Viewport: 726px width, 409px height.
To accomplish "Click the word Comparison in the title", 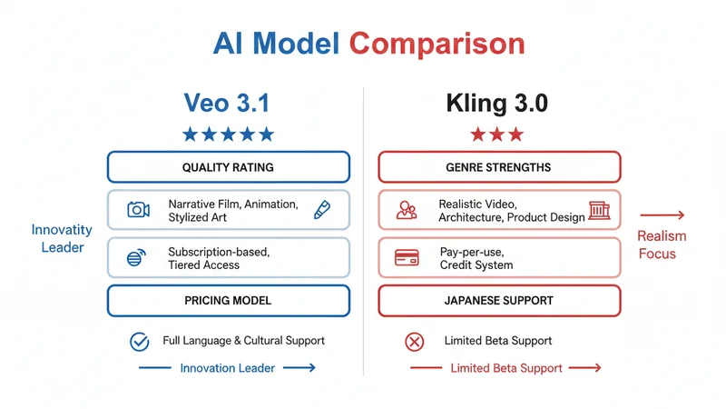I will click(437, 43).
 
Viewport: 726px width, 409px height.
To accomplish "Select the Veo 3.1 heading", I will click(228, 102).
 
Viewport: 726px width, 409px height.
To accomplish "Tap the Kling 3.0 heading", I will click(497, 102).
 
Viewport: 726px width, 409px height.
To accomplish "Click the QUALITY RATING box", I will click(228, 167).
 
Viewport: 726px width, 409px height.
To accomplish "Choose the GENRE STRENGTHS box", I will click(498, 167).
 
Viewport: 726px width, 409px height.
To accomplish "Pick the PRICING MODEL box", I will click(228, 300).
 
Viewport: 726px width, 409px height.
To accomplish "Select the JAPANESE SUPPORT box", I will click(498, 300).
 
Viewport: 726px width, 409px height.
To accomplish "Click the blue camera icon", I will click(138, 210).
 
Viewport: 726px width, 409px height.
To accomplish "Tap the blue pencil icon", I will click(321, 210).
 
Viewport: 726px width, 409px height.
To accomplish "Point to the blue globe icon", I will click(136, 258).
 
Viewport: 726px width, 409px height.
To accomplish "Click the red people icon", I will click(407, 211).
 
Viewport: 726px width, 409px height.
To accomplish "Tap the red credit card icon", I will click(407, 258).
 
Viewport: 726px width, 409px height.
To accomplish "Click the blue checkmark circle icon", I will click(139, 342).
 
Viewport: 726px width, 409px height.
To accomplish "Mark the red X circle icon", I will click(414, 342).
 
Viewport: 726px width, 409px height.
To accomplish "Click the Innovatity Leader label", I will click(62, 238).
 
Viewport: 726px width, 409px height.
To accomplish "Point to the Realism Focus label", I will click(662, 244).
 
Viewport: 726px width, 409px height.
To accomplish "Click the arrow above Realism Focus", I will click(662, 215).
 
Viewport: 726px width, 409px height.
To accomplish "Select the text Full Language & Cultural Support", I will click(244, 341).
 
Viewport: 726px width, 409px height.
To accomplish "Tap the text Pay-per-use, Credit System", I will click(476, 257).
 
